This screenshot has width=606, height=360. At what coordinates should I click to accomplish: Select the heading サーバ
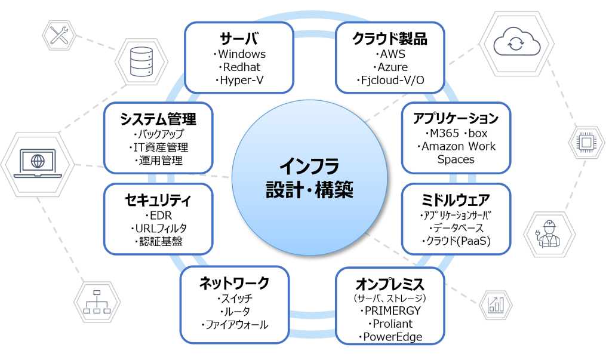pos(239,39)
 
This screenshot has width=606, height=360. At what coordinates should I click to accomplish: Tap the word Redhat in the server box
pos(239,67)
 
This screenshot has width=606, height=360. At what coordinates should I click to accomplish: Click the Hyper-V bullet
pos(239,80)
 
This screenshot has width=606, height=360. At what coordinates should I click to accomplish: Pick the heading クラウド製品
pos(390,39)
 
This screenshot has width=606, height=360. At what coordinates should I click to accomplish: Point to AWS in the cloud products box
pos(390,54)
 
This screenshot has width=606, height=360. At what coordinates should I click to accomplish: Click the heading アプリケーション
pos(456,118)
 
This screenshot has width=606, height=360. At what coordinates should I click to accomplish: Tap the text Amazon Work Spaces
pos(457,152)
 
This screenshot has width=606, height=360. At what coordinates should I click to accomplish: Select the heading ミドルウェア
pos(456,199)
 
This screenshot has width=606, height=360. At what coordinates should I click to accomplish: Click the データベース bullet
pos(456,228)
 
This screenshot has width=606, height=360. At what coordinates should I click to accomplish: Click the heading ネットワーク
pos(234,282)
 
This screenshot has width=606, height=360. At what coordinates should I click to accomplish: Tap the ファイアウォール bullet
pos(235,325)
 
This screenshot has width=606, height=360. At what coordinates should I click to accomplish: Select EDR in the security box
pos(158,215)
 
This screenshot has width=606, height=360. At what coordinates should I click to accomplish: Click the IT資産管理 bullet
pos(158,147)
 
